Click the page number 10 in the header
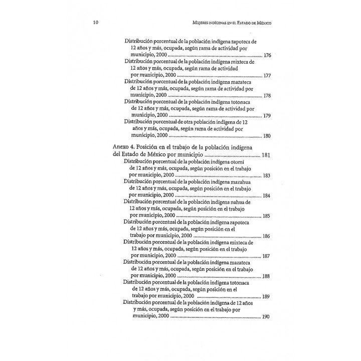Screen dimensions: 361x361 click(x=96, y=23)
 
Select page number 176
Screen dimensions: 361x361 click(x=267, y=55)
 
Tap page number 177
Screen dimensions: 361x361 click(x=267, y=76)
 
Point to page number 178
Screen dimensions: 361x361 click(x=267, y=96)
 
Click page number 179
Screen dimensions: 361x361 click(x=267, y=116)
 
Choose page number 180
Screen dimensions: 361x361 click(x=267, y=136)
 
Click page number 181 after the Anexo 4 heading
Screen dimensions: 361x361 click(x=266, y=155)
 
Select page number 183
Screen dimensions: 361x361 click(x=266, y=176)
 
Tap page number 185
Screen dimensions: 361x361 click(x=266, y=216)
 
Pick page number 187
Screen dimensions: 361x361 click(x=266, y=256)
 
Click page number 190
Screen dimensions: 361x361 click(x=266, y=316)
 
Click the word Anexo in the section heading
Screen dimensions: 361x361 click(x=123, y=146)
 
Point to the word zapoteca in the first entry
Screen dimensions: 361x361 click(x=242, y=42)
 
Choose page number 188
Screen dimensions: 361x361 click(x=266, y=276)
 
